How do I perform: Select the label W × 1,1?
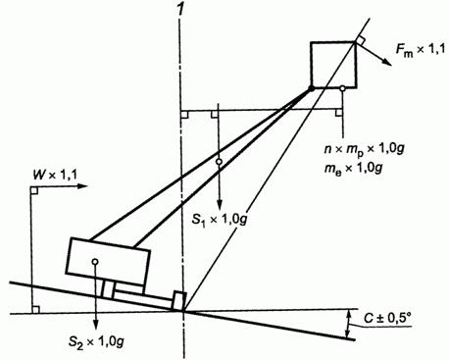coord(55,176)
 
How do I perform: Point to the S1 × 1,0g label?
coord(219,220)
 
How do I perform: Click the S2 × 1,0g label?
coord(96,341)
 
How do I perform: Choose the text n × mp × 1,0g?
coord(364,149)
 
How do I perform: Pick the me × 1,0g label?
coord(353,169)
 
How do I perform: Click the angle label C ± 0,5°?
coord(387,318)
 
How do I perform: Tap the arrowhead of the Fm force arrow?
coord(386,62)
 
